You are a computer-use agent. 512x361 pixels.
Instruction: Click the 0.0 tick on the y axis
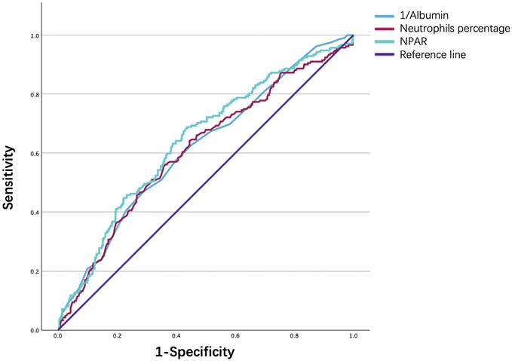pyautogui.click(x=46, y=330)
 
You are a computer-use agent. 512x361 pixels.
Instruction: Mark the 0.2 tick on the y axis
pyautogui.click(x=46, y=271)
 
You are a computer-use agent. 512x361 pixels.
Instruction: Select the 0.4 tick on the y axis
pyautogui.click(x=46, y=213)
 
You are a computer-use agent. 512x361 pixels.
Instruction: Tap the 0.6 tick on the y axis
pyautogui.click(x=46, y=154)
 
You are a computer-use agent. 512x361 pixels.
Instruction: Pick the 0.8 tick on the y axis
pyautogui.click(x=46, y=95)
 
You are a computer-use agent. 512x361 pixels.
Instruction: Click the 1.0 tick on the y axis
pyautogui.click(x=46, y=35)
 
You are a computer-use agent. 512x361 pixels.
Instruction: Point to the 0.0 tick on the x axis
pyautogui.click(x=58, y=337)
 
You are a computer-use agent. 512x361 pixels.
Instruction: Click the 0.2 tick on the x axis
pyautogui.click(x=117, y=337)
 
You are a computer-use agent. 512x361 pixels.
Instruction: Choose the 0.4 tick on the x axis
pyautogui.click(x=176, y=337)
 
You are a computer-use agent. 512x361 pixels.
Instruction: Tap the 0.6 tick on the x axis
pyautogui.click(x=235, y=337)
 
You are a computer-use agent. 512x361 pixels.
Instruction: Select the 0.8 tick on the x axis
pyautogui.click(x=293, y=337)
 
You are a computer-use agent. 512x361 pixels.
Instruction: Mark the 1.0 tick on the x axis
pyautogui.click(x=352, y=337)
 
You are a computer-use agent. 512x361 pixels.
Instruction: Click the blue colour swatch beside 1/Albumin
pyautogui.click(x=384, y=14)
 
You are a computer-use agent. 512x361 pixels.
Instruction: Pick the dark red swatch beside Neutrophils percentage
pyautogui.click(x=384, y=28)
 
